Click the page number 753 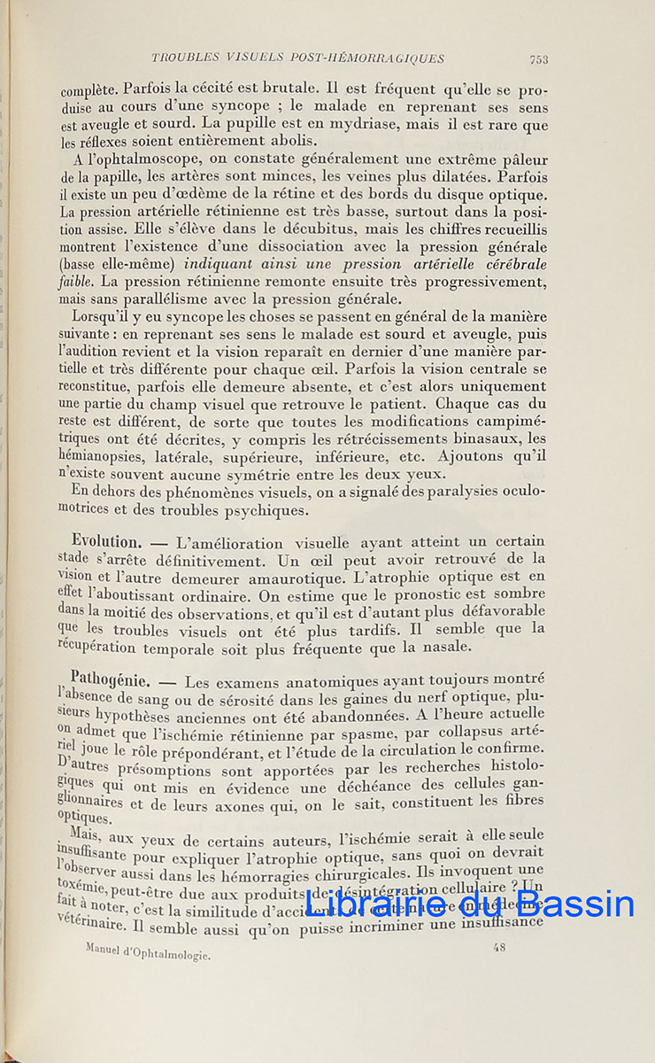pos(538,59)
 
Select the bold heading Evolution pos(105,541)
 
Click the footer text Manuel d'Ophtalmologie pos(148,951)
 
